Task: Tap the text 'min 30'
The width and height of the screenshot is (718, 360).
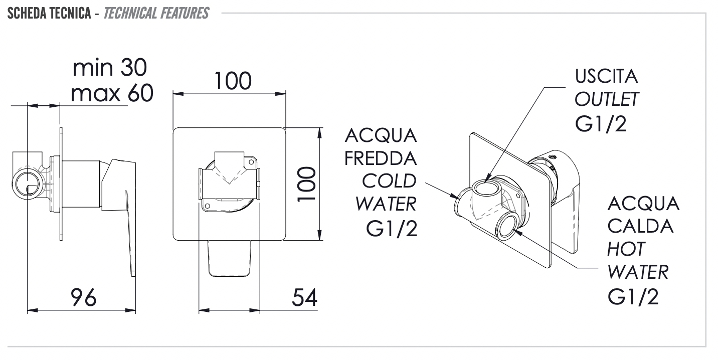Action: point(110,68)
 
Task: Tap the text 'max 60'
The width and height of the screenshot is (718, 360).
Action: point(111,93)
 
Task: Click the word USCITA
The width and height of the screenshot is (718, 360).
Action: point(606,77)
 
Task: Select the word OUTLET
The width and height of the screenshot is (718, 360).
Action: point(607,100)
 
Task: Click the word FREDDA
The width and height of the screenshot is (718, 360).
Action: point(381,158)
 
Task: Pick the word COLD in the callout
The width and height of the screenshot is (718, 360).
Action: point(389,181)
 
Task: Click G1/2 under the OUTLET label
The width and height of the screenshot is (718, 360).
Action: point(601,124)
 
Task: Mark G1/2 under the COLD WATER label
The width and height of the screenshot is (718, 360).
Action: point(392,228)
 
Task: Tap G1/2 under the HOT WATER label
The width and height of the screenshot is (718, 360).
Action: point(633,297)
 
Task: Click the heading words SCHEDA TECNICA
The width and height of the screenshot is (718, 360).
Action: point(49,13)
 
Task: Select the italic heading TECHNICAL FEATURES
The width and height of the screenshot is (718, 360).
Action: point(156,13)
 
